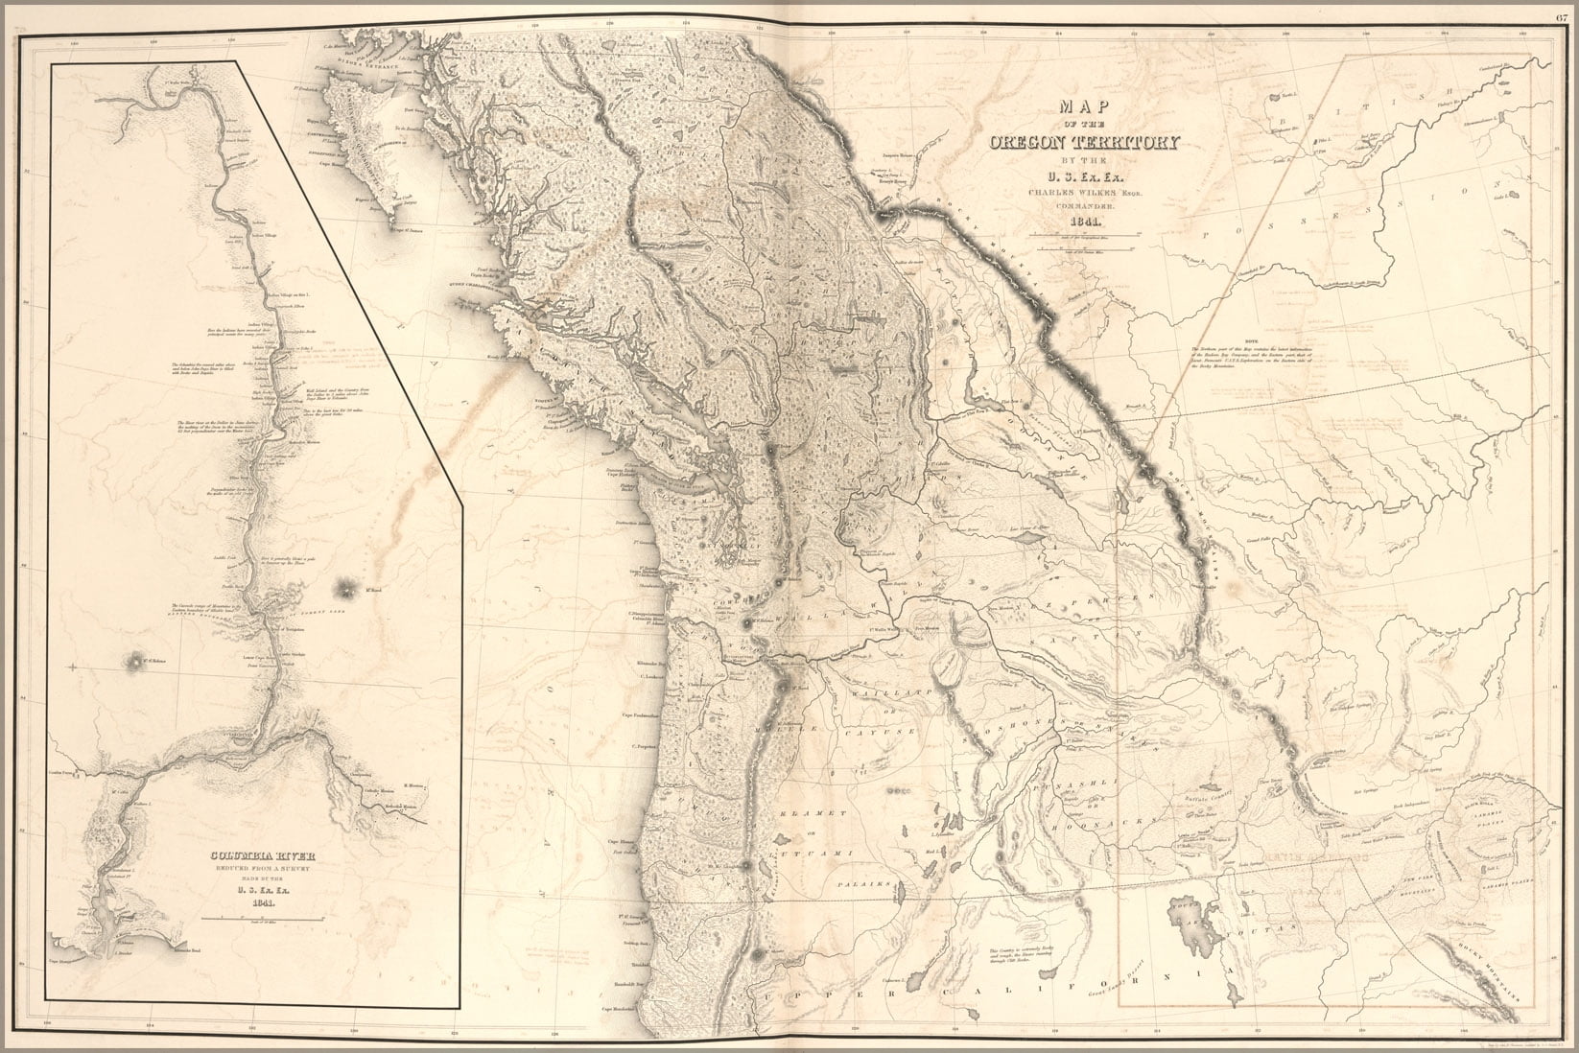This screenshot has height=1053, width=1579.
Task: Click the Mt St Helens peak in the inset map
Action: point(131,661)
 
